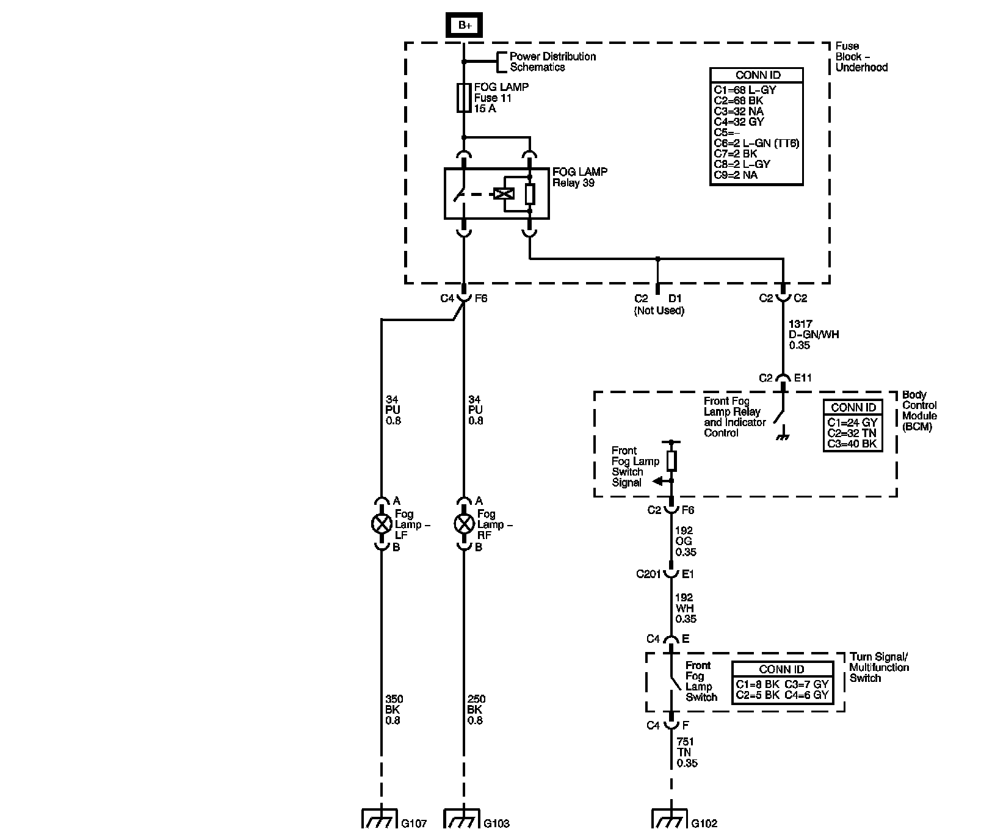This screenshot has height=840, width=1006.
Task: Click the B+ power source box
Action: (x=465, y=25)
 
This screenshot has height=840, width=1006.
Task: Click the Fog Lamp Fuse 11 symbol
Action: (x=464, y=98)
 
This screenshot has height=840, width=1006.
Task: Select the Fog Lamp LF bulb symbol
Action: (x=382, y=524)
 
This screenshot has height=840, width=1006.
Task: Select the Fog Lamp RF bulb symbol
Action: (x=464, y=524)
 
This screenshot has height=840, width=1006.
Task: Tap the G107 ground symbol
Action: (x=380, y=819)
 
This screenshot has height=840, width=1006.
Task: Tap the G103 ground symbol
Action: (x=463, y=819)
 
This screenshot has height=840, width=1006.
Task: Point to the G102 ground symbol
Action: (x=670, y=819)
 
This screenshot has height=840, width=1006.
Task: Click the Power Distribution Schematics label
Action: (x=552, y=62)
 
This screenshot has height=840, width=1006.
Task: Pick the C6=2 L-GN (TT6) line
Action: (x=756, y=143)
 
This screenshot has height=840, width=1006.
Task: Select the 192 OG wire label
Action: (x=686, y=541)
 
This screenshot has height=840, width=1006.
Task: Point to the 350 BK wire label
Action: (x=394, y=709)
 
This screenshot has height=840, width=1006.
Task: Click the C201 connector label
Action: (x=648, y=574)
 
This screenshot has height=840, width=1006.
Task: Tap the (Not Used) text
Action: (x=659, y=311)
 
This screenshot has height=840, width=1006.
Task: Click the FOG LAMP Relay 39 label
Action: (x=580, y=177)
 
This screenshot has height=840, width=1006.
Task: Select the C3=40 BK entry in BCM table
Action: (x=852, y=444)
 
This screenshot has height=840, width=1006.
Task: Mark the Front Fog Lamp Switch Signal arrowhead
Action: (x=657, y=481)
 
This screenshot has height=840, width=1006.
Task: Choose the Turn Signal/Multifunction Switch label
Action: (x=879, y=667)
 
